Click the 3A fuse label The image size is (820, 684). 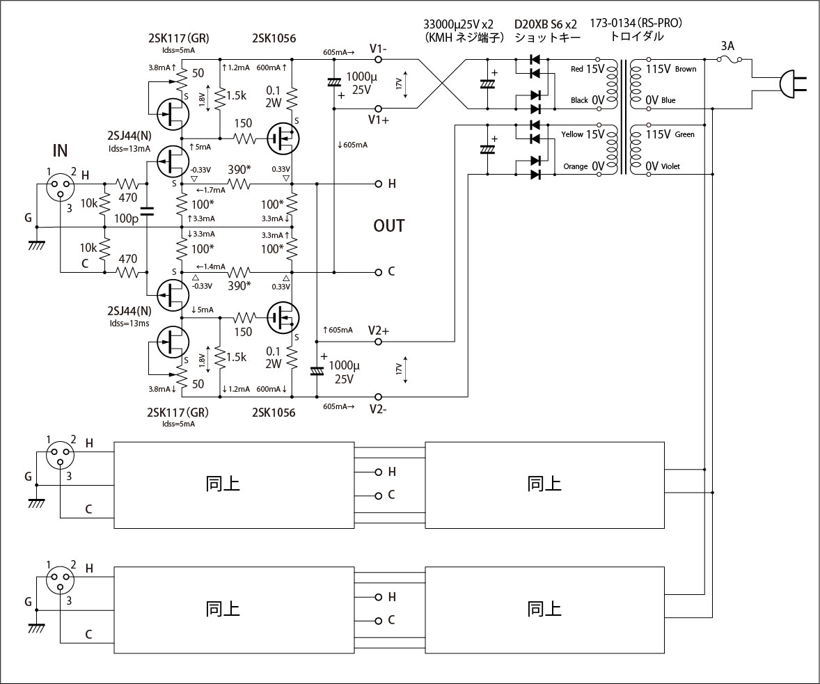tap(728, 46)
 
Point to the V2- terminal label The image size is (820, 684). tap(379, 408)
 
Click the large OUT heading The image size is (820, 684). tap(389, 226)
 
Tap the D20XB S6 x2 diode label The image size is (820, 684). tap(546, 23)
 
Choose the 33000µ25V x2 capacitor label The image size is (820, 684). tap(462, 23)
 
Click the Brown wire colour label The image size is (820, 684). tap(685, 69)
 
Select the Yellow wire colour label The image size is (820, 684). tap(571, 134)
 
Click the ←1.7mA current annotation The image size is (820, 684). tap(210, 189)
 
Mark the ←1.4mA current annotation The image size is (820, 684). tap(210, 267)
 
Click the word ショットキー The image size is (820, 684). tap(546, 37)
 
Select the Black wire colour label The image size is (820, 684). tap(578, 100)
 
